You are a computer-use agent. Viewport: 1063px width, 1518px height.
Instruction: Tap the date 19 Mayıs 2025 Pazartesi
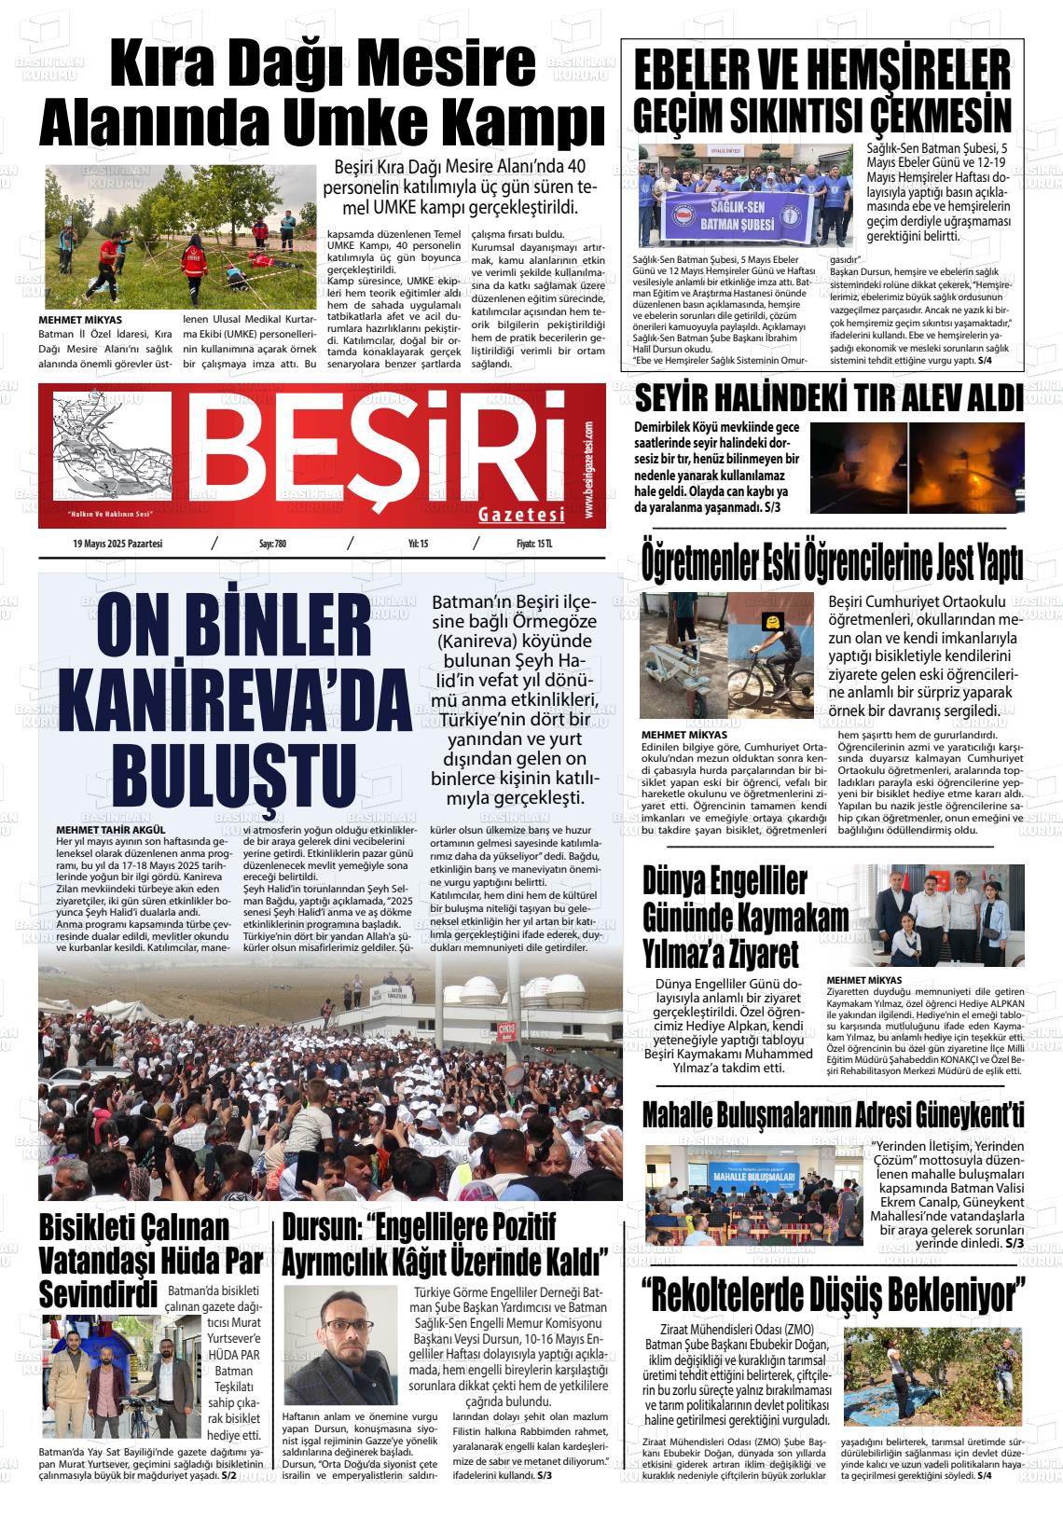point(117,544)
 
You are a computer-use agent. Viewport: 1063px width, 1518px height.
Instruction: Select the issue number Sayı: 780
point(272,544)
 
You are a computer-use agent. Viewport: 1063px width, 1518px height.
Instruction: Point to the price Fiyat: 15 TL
point(534,544)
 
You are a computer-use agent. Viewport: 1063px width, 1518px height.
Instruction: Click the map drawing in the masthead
point(112,448)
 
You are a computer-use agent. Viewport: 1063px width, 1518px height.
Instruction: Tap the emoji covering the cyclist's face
point(771,622)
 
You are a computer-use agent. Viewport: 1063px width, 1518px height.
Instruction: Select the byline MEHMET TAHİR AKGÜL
point(111,829)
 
